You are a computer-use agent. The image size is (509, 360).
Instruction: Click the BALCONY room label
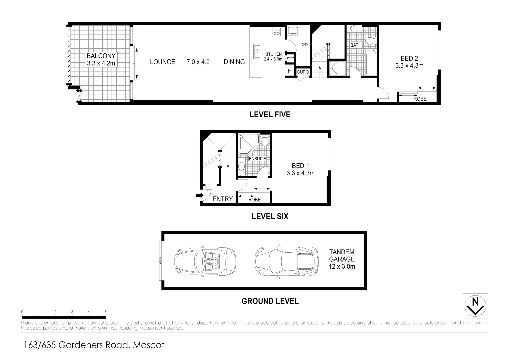click(x=101, y=56)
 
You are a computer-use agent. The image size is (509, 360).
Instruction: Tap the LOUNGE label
click(x=162, y=62)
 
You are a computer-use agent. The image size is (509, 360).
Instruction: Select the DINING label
click(x=234, y=62)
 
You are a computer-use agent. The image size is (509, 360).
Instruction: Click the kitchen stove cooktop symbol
click(x=277, y=32)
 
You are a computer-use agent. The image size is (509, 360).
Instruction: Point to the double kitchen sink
click(x=257, y=51)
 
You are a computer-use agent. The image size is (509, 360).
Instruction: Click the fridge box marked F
click(x=289, y=71)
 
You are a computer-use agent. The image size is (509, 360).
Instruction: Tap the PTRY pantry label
click(x=290, y=58)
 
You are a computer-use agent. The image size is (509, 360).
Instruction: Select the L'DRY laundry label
click(x=303, y=45)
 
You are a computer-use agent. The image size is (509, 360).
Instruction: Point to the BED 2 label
click(x=409, y=58)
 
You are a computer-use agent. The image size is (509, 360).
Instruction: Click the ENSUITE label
click(x=257, y=159)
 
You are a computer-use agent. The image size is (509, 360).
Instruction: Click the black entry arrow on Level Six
click(x=199, y=195)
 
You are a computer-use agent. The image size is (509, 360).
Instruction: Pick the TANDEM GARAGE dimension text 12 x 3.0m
click(x=342, y=266)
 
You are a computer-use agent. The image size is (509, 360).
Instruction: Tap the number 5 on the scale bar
click(x=105, y=312)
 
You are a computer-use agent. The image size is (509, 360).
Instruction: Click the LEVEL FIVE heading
click(x=270, y=115)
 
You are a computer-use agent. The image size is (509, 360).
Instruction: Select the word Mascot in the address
click(x=149, y=345)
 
